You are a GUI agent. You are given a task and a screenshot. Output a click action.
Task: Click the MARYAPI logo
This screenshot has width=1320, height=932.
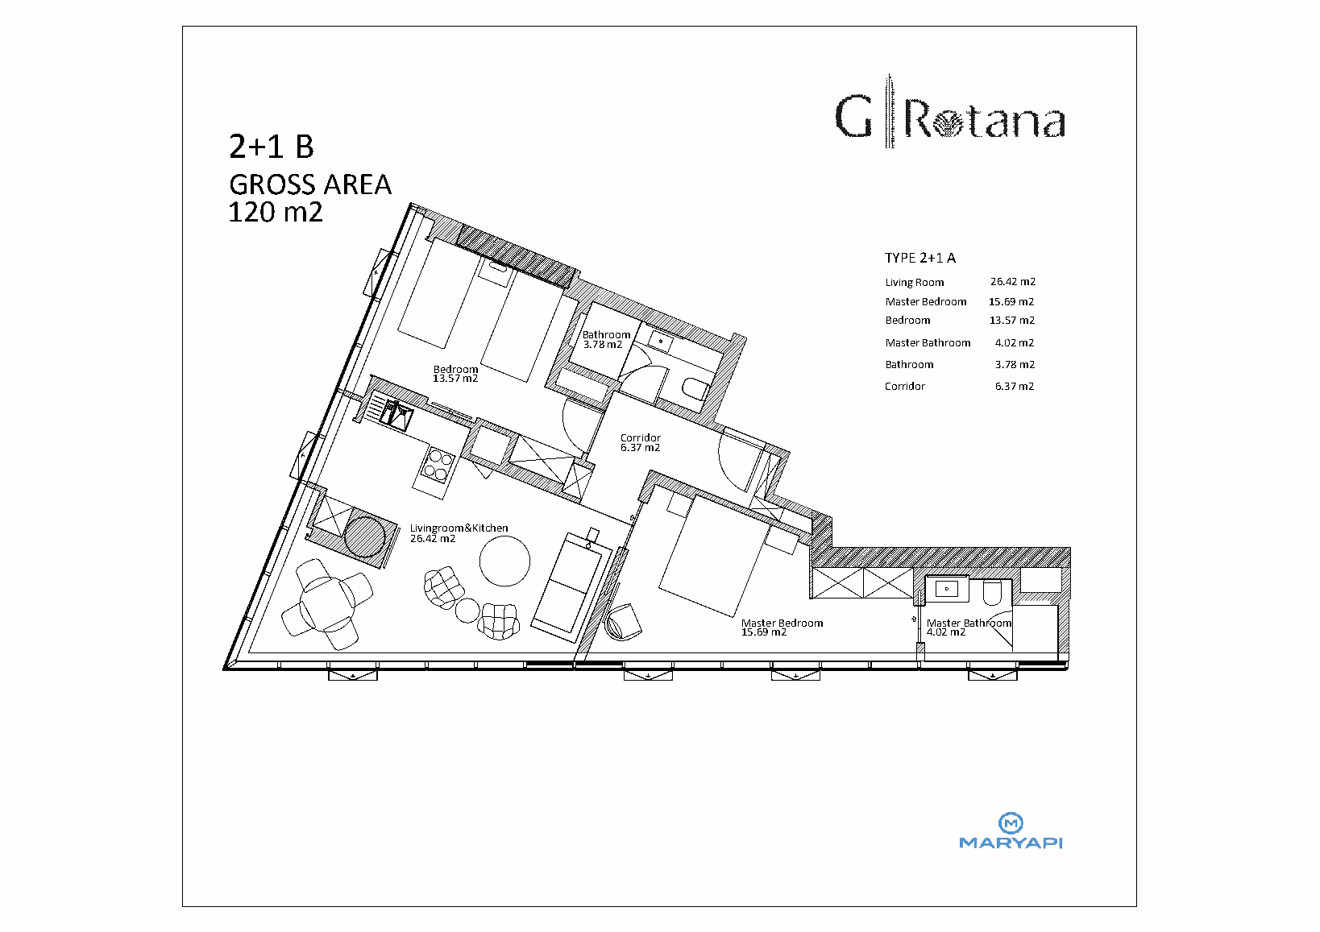pyautogui.click(x=1011, y=831)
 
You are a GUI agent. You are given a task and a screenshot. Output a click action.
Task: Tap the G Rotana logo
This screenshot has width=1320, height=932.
pyautogui.click(x=950, y=112)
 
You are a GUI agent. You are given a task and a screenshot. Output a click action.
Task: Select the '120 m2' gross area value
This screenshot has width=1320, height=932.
pyautogui.click(x=276, y=212)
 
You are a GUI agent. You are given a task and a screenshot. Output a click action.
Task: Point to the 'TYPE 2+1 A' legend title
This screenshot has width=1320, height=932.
pyautogui.click(x=919, y=258)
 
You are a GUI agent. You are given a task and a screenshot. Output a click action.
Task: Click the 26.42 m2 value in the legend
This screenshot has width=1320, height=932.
pyautogui.click(x=1012, y=282)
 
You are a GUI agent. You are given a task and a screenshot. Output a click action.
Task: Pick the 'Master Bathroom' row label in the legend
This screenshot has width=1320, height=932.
pyautogui.click(x=928, y=343)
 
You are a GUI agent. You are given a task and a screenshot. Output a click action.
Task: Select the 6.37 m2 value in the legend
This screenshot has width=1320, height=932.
pyautogui.click(x=1014, y=387)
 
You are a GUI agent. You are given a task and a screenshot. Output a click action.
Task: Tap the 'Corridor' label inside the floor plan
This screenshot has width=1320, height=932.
pyautogui.click(x=640, y=437)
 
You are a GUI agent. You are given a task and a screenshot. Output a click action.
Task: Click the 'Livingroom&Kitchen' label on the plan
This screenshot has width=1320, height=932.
pyautogui.click(x=459, y=528)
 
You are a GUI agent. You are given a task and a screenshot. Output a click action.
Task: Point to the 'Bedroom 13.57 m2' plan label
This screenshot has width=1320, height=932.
pyautogui.click(x=455, y=374)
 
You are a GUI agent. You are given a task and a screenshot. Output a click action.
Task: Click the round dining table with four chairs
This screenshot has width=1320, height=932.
pyautogui.click(x=327, y=604)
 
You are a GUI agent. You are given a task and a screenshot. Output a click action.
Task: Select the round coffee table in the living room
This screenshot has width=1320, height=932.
pyautogui.click(x=504, y=561)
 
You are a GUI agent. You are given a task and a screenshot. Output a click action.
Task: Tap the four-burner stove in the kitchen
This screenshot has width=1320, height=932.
pyautogui.click(x=438, y=466)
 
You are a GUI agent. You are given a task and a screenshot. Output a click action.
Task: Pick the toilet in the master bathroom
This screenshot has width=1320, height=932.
pyautogui.click(x=992, y=593)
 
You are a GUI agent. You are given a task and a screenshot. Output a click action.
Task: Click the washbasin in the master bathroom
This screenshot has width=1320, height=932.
pyautogui.click(x=947, y=589)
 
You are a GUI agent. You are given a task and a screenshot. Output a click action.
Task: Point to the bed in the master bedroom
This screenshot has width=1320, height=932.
pyautogui.click(x=714, y=556)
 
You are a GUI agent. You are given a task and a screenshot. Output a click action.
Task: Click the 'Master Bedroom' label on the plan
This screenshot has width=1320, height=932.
pyautogui.click(x=782, y=623)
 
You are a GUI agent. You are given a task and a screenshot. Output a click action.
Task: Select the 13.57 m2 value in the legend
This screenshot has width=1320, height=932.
pyautogui.click(x=1012, y=321)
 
